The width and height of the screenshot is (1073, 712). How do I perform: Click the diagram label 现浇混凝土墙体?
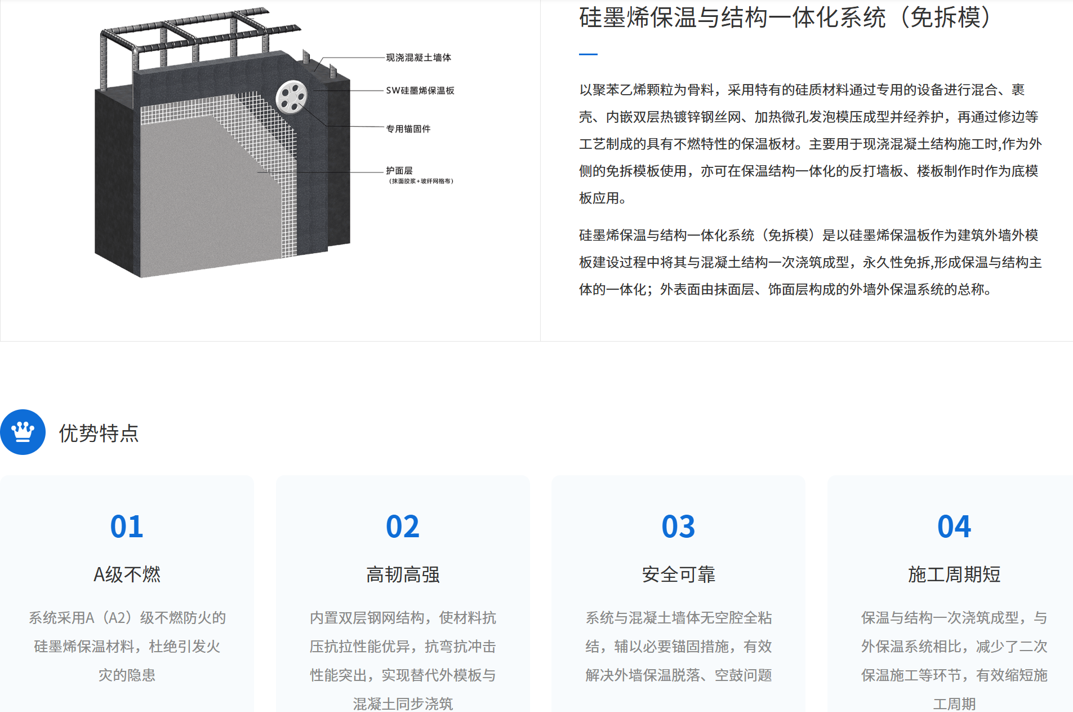[x=418, y=58]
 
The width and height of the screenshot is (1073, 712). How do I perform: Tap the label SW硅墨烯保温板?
[x=420, y=90]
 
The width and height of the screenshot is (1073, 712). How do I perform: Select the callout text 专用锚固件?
[x=408, y=129]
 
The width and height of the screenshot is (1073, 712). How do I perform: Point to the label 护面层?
[x=399, y=170]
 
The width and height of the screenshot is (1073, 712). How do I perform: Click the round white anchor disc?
[x=291, y=97]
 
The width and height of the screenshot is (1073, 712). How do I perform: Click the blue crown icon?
[x=23, y=432]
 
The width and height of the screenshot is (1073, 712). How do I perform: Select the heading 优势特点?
[x=99, y=433]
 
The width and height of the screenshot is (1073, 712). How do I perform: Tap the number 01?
[x=127, y=527]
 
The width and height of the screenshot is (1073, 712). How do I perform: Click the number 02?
[x=403, y=527]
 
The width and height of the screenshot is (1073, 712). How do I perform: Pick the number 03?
[x=678, y=527]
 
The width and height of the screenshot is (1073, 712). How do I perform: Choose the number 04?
[x=954, y=527]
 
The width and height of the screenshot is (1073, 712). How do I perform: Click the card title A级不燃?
[x=127, y=574]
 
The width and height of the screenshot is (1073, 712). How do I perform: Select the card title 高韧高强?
[x=403, y=574]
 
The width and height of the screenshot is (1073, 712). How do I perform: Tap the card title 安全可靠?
[x=678, y=574]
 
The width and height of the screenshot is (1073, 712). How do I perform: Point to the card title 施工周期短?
[x=954, y=574]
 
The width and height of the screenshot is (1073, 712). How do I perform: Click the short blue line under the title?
[x=588, y=54]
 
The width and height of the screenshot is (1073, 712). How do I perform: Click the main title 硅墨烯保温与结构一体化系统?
[x=732, y=17]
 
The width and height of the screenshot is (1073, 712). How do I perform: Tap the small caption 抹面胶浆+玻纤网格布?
[x=421, y=181]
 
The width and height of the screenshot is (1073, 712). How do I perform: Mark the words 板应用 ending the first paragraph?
[x=599, y=198]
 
